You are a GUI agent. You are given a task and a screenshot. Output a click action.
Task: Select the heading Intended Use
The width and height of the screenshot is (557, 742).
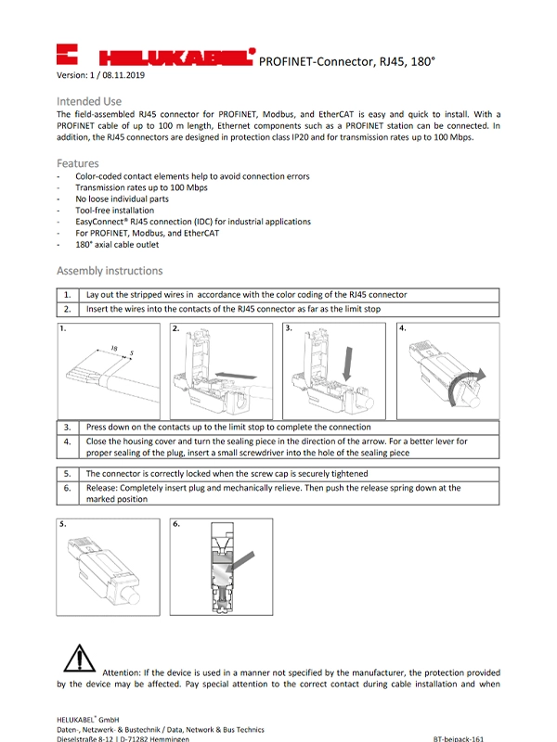[89, 100]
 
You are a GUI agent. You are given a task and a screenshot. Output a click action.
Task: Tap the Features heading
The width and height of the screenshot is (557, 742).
[78, 163]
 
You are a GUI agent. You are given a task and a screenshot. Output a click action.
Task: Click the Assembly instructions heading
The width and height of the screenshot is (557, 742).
[110, 271]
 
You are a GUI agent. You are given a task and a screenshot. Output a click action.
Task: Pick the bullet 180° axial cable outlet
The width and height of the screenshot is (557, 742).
[117, 245]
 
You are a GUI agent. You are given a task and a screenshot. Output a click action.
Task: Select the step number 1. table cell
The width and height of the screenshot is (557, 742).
[68, 295]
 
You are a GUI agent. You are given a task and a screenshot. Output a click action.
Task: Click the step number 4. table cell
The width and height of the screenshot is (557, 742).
[68, 447]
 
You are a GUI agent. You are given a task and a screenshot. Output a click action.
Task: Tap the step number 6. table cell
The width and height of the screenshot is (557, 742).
[68, 493]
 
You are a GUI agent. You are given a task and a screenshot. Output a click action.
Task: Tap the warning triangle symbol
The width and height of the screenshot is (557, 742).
[80, 660]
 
